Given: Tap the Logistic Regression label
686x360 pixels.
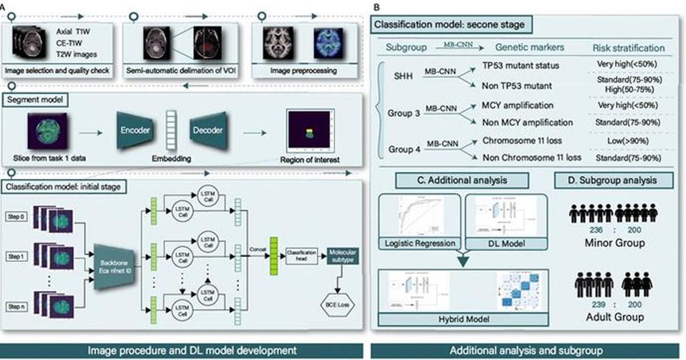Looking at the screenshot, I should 418,243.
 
